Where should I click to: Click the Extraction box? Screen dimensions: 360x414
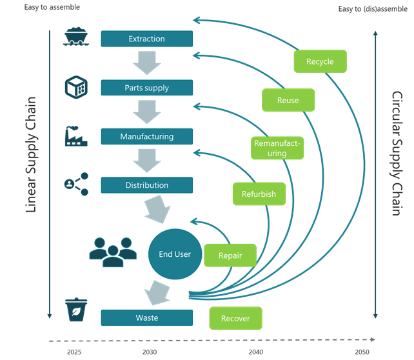coord(146,39)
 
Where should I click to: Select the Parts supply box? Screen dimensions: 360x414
coord(146,88)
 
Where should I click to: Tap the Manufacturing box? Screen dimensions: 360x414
coord(146,137)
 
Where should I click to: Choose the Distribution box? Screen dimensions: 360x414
coord(146,185)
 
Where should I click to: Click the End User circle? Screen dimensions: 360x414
coord(174,254)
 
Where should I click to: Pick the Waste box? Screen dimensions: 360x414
coord(146,317)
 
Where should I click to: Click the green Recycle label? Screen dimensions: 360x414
coord(320,62)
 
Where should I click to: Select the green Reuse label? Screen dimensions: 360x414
coord(288,101)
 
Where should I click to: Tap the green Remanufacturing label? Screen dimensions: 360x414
coord(277,148)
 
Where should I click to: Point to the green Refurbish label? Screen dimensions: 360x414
coord(259,194)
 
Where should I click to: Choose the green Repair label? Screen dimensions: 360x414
coord(230,255)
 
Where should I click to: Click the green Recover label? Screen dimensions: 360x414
coord(235,319)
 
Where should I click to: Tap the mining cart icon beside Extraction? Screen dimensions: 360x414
coord(76,37)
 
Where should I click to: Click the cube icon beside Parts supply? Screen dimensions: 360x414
coord(76,86)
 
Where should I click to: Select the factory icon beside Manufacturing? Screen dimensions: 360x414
coord(76,135)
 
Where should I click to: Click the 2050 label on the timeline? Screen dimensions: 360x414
coord(362,352)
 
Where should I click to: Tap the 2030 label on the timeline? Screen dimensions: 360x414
coord(149,352)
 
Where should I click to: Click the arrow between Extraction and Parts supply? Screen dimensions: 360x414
coord(146,63)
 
